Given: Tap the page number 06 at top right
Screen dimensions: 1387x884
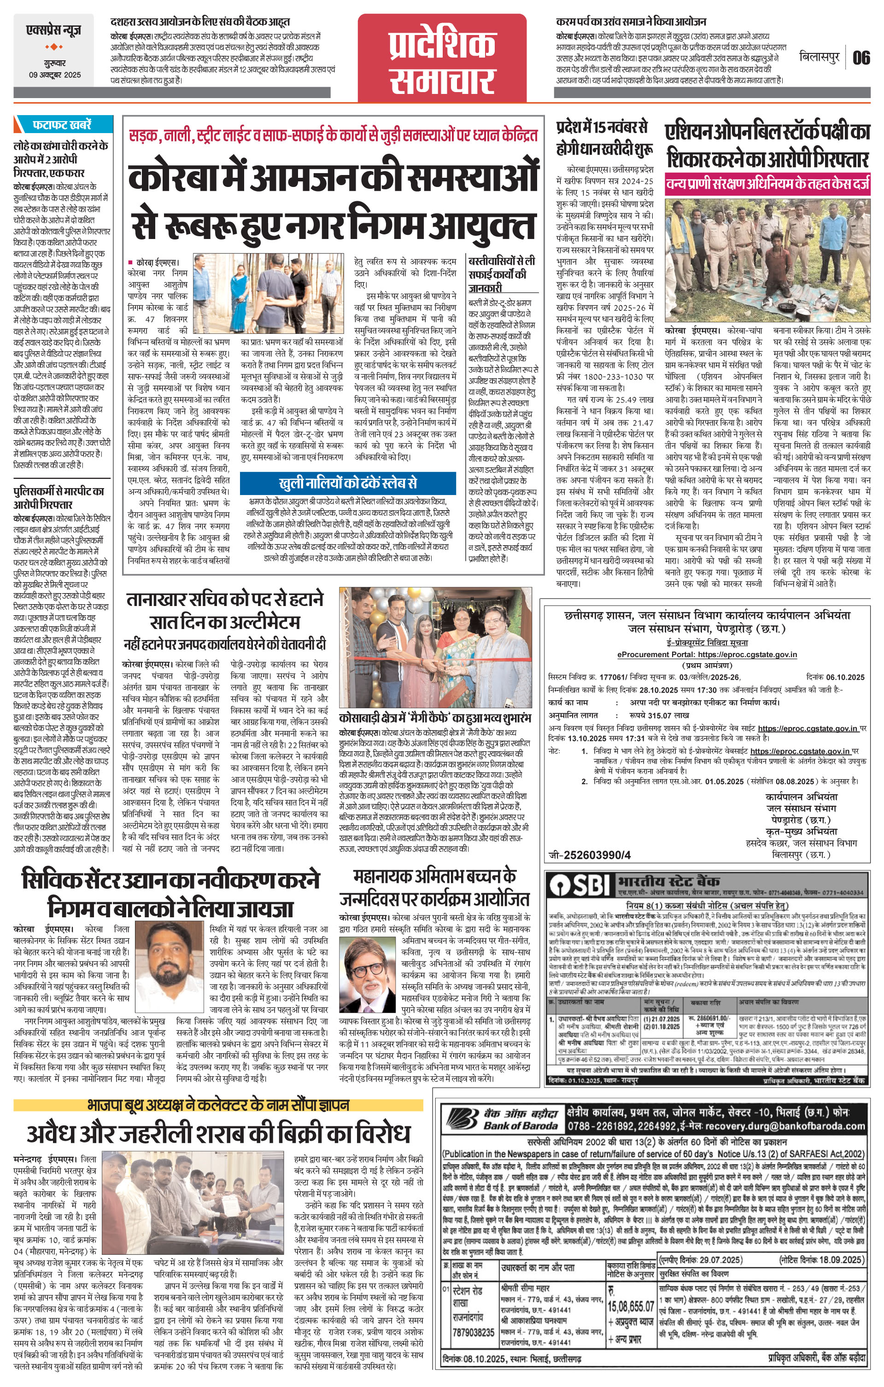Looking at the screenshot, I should pos(861,58).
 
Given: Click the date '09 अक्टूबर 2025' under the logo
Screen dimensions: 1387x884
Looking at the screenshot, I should pos(55,76).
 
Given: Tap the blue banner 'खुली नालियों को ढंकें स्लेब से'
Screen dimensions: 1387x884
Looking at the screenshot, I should pos(347,483).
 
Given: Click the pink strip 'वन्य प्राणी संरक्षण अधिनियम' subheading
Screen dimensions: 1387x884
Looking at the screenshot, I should pos(767,184).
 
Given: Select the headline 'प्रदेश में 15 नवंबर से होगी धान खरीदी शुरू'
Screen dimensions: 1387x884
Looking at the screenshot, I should pos(604,138).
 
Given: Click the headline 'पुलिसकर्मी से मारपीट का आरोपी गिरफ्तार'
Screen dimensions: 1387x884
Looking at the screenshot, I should pos(59,498).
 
